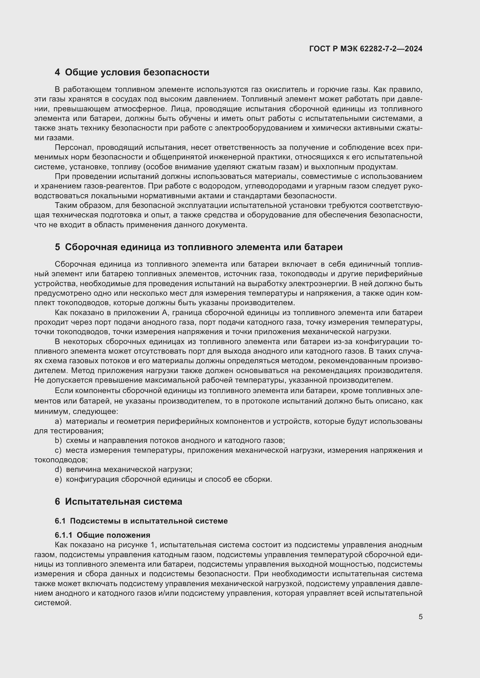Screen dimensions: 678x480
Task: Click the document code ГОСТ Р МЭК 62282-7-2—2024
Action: click(366, 49)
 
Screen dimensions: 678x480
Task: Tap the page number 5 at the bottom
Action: click(420, 617)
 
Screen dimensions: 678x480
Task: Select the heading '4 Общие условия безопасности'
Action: click(132, 72)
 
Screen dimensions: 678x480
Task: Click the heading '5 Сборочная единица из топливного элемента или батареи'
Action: click(199, 247)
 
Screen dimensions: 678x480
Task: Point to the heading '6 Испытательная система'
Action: click(118, 501)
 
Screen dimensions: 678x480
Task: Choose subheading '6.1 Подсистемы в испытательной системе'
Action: click(141, 521)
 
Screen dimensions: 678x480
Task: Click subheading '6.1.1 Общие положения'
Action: click(102, 535)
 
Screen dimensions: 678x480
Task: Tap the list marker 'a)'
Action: click(58, 421)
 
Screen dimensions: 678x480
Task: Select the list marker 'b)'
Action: click(58, 441)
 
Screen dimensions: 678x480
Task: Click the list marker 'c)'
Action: click(58, 450)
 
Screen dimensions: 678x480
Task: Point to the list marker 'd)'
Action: click(58, 469)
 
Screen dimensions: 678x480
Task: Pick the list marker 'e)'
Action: click(58, 479)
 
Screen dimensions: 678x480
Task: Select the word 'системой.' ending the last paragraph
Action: click(53, 603)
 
